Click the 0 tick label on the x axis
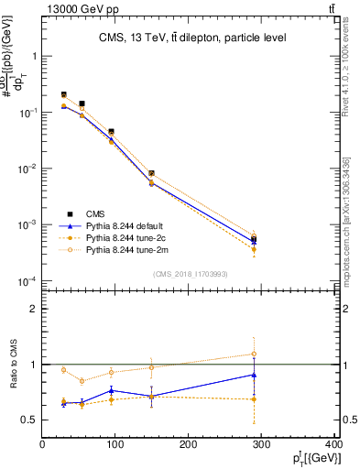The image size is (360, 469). pyautogui.click(x=42, y=446)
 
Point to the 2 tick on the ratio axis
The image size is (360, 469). pyautogui.click(x=34, y=309)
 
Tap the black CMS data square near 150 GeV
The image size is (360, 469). pyautogui.click(x=151, y=173)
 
